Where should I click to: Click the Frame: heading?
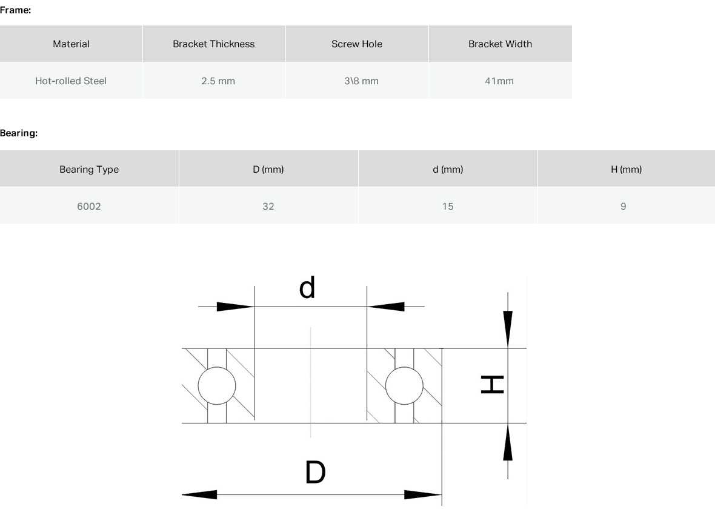coord(16,10)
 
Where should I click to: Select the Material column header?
coord(71,44)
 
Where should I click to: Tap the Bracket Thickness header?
coord(213,44)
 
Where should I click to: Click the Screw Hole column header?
coord(356,44)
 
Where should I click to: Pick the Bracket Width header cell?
coord(500,44)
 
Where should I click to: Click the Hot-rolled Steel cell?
coord(71,81)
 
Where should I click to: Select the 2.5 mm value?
coord(218,81)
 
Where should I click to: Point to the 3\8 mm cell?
coord(361,81)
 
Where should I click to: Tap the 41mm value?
coord(499,81)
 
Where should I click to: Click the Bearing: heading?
coord(19,133)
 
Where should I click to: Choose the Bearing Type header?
coord(89,169)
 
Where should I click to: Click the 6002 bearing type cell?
coord(89,206)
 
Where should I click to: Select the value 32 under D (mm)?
coord(268,206)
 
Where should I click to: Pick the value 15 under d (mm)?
coord(447,206)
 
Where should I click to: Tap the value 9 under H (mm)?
coord(623,206)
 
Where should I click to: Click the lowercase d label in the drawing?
coord(307,287)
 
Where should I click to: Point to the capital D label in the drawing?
coord(315,472)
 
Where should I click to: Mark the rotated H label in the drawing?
coord(493,385)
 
